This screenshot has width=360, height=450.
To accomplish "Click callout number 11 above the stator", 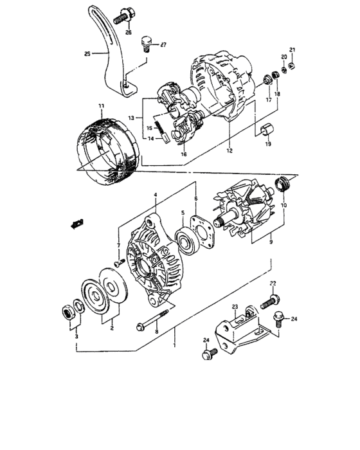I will pyautogui.click(x=100, y=105).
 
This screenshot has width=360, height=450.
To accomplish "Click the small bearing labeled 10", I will pyautogui.click(x=282, y=186).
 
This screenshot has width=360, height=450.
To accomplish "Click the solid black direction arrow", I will pyautogui.click(x=78, y=223).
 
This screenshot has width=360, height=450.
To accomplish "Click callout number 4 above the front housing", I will pyautogui.click(x=155, y=195).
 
